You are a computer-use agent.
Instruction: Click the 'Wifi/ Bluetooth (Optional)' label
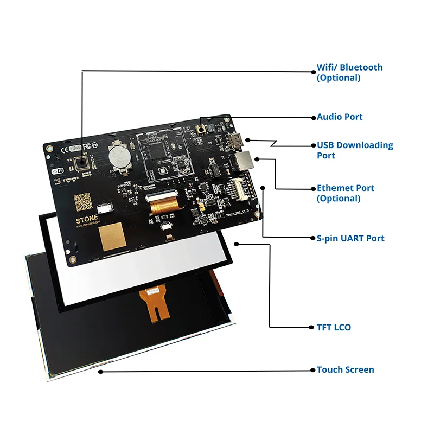[349, 73]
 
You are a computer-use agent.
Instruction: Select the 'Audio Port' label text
[340, 117]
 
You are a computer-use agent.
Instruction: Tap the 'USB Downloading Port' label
[355, 150]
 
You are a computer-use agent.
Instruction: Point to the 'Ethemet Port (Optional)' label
[346, 193]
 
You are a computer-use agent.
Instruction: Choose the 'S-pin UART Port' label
[350, 238]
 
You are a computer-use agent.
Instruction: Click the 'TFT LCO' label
[334, 327]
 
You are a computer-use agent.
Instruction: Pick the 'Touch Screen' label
[345, 369]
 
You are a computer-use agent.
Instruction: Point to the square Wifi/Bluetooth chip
[82, 163]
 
